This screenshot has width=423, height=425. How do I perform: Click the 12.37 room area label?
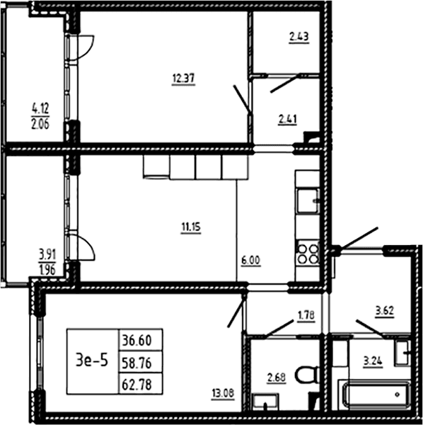click(183, 79)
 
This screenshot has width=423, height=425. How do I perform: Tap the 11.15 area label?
click(191, 227)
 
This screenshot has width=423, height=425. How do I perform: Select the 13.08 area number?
click(223, 393)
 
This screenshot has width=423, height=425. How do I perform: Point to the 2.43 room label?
click(299, 37)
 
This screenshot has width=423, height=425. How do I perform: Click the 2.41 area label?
click(288, 119)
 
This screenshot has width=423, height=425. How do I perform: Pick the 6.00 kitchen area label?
click(250, 261)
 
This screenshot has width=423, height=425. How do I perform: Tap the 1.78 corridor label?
click(306, 315)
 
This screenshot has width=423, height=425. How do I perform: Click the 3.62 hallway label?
click(385, 311)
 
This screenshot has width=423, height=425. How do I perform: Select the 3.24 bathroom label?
click(373, 361)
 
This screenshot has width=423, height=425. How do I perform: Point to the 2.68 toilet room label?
click(277, 378)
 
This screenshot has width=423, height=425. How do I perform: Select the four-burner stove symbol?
click(308, 254)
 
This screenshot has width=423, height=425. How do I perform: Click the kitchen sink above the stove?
click(308, 201)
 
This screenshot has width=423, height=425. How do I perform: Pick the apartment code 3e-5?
click(92, 361)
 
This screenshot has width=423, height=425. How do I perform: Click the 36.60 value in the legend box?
click(137, 341)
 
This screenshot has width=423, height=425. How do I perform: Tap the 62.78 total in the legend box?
click(137, 384)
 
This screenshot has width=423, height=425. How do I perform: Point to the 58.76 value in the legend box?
click(137, 363)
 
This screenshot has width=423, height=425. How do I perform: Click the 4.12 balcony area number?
click(40, 109)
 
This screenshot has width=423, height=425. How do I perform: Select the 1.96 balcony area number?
click(47, 270)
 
